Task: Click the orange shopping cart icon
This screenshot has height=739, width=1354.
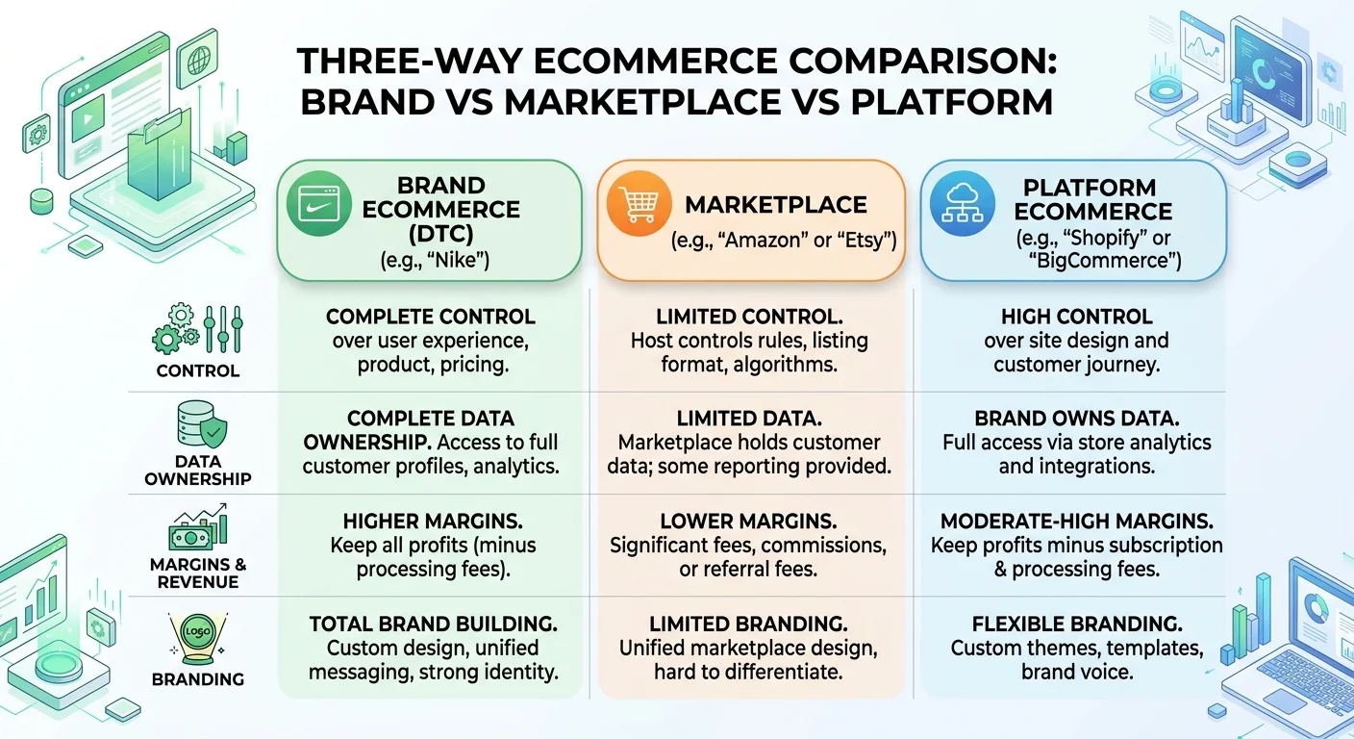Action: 639,204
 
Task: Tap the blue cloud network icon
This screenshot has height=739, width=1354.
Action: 962,203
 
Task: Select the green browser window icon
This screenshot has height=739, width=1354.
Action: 318,204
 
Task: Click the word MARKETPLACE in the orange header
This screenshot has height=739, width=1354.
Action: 775,205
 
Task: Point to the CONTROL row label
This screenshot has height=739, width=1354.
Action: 198,370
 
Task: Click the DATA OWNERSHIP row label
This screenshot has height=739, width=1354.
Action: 198,470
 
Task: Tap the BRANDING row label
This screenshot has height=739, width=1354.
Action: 198,679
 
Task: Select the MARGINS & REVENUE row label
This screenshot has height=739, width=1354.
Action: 198,573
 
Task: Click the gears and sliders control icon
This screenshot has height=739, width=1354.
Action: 198,328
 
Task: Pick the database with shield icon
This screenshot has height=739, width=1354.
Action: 202,423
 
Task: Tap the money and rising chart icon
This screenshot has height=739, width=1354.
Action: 198,525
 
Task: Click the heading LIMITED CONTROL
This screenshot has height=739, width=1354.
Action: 749,317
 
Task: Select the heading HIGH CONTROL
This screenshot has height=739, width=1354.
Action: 1076,317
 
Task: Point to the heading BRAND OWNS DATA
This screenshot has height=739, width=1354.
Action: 1076,419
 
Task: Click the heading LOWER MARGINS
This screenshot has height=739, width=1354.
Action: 748,522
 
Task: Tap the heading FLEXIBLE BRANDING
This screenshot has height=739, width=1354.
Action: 1076,624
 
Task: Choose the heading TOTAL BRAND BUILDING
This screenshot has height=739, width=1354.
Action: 434,624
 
